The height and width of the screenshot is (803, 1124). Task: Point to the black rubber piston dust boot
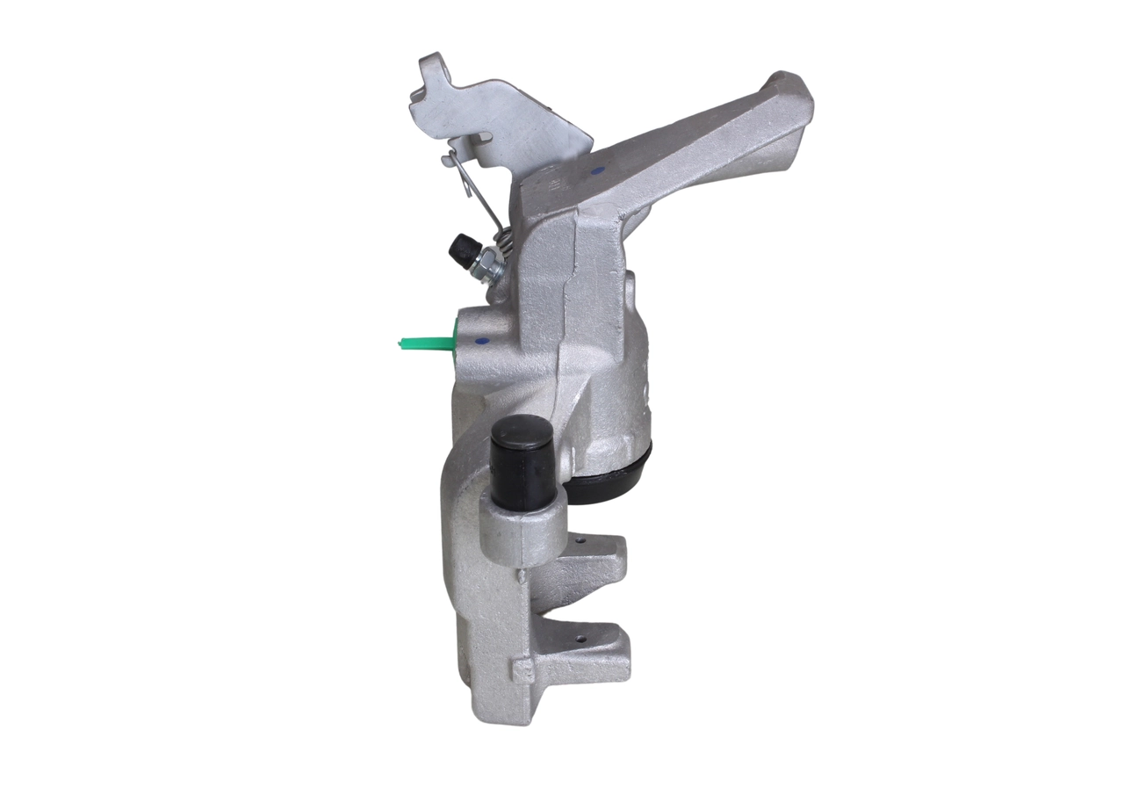[x=615, y=479]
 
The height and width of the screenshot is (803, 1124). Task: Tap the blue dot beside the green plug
[x=479, y=341]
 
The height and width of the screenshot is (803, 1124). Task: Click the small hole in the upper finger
[x=580, y=543]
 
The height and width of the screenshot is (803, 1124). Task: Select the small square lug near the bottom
[x=522, y=671]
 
